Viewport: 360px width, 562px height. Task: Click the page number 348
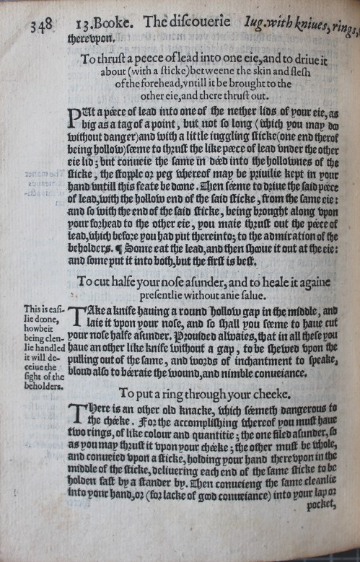click(42, 27)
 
